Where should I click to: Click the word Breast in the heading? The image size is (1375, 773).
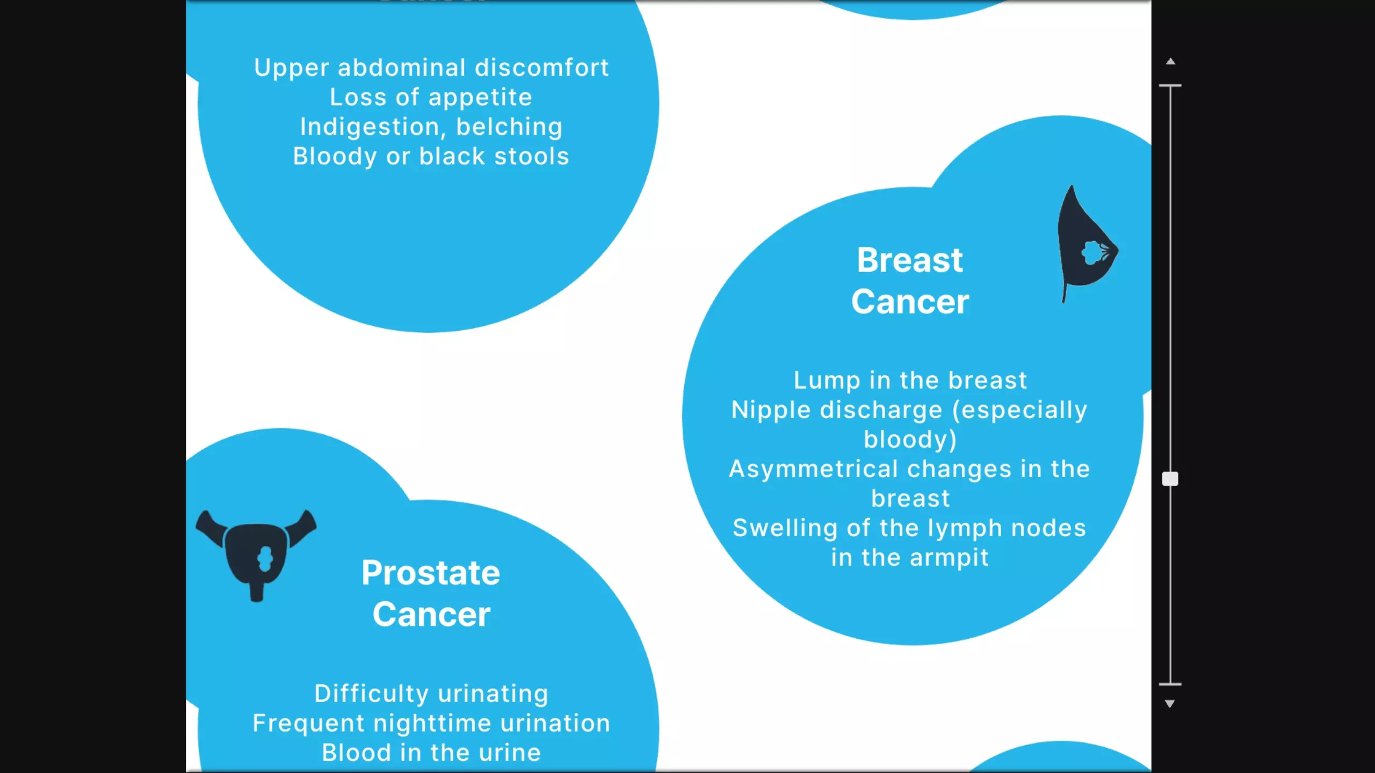point(910,260)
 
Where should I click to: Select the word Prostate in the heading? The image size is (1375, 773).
point(431,573)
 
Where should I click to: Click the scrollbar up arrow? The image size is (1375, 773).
point(1171,61)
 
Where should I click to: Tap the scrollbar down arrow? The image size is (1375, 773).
point(1170,703)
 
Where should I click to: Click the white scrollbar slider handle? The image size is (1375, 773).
point(1170,479)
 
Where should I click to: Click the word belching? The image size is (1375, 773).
point(509,128)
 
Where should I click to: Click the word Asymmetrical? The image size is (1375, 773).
point(817,470)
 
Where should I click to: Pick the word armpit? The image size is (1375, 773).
point(949,558)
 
